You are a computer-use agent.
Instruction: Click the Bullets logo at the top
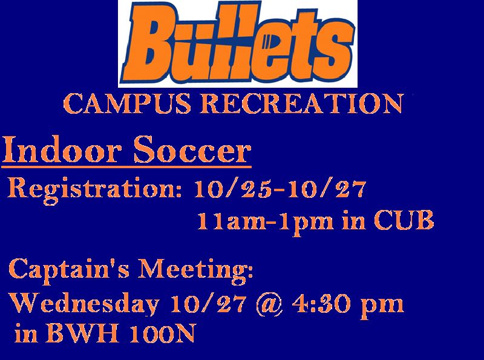click(x=238, y=44)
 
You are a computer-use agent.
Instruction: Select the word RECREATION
click(x=302, y=103)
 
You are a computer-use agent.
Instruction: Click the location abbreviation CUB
click(x=404, y=220)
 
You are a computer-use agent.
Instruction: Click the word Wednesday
click(x=84, y=304)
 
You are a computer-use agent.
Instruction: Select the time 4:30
click(x=321, y=304)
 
